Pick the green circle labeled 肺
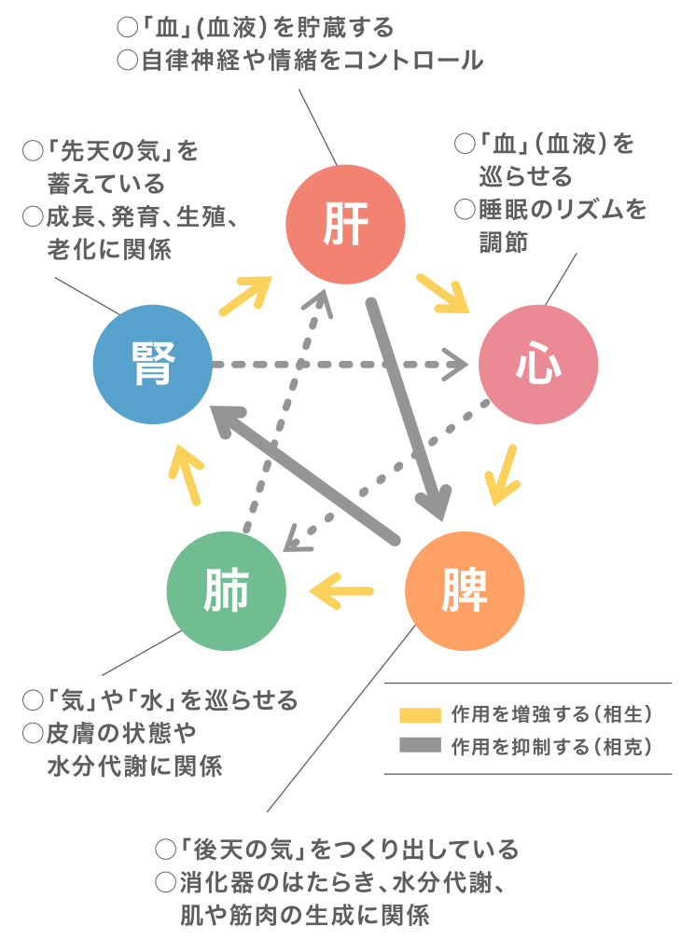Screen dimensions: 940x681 (x=226, y=590)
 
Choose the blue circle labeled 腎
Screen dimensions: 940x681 (x=153, y=364)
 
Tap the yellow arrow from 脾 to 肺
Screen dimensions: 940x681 (x=341, y=589)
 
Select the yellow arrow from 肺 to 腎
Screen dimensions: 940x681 (x=188, y=473)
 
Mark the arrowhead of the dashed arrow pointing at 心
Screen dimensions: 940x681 (x=460, y=364)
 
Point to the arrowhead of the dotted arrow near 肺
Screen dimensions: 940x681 (x=297, y=538)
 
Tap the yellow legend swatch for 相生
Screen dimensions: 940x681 (x=419, y=715)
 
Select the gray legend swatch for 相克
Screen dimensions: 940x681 (x=419, y=746)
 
